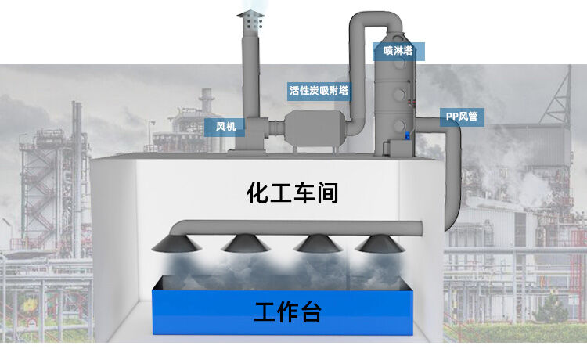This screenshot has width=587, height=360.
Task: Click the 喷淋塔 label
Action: click(398, 52)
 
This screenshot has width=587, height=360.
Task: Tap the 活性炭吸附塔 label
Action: click(319, 90)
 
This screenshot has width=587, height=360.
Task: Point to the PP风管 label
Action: click(461, 117)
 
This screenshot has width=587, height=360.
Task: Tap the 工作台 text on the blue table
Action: click(287, 313)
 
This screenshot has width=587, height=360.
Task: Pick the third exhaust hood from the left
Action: click(318, 243)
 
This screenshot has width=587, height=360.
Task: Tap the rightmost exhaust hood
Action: click(380, 243)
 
